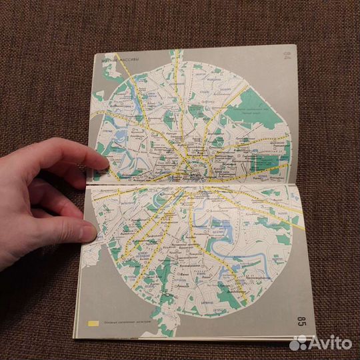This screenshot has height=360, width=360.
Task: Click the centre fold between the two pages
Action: [193, 185]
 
